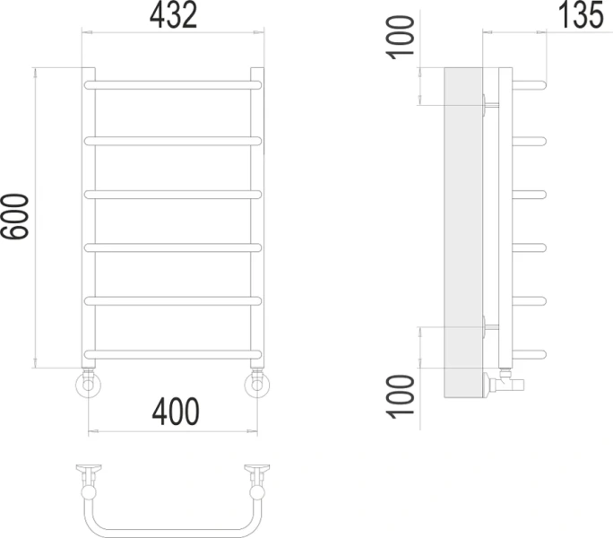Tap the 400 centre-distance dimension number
pos(175,412)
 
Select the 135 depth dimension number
pos(577,15)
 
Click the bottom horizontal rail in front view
pos(172,352)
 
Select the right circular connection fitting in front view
pos(258,386)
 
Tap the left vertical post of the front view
pos(88,215)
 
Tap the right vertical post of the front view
pos(257,215)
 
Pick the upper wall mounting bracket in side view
pos(485,104)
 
